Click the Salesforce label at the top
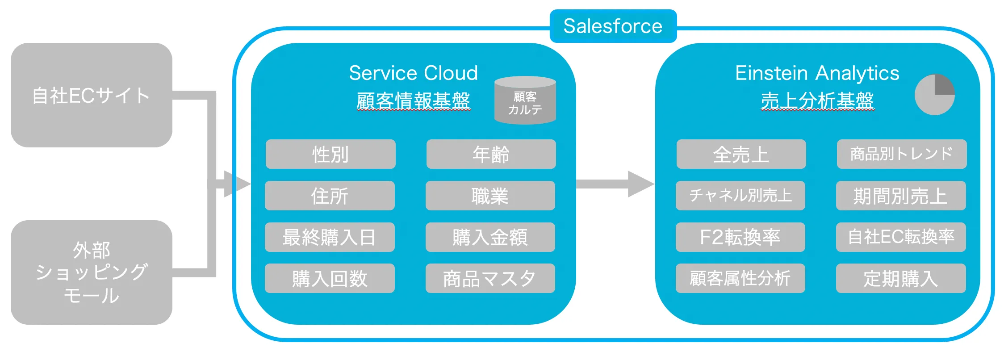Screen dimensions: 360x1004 coord(613,26)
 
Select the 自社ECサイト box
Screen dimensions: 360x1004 coord(91,95)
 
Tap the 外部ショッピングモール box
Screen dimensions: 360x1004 coord(91,272)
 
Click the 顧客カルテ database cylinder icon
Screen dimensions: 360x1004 coord(525,100)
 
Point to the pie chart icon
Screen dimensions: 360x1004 coord(934,94)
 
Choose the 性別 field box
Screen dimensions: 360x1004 coord(330,154)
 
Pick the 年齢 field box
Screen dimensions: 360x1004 coord(491,154)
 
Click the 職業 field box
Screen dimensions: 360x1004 coord(490,196)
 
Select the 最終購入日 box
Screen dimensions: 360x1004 coord(330,237)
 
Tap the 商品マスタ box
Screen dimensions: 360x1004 coord(490,278)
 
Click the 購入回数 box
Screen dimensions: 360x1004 coord(330,278)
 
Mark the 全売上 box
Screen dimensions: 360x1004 coord(741,154)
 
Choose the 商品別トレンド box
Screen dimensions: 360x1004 coord(901,154)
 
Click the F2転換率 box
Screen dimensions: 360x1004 coord(740,237)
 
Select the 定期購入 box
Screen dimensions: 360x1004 coord(900,278)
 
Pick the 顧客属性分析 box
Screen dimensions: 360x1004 coord(740,278)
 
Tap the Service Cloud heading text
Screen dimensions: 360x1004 coord(413,73)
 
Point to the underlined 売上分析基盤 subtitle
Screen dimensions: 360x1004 coord(817,100)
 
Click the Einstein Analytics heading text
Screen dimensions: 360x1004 coord(817,73)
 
